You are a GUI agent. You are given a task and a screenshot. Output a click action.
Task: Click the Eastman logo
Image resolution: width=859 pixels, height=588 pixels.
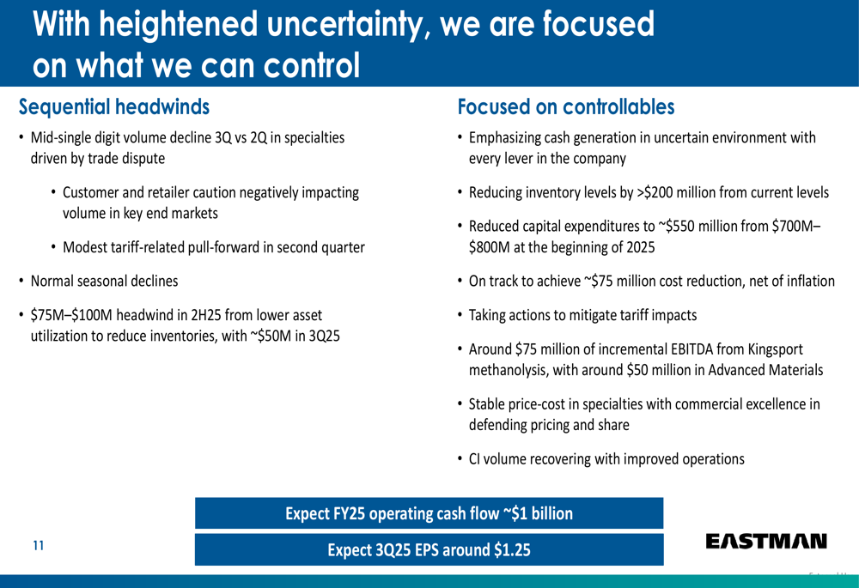click(766, 541)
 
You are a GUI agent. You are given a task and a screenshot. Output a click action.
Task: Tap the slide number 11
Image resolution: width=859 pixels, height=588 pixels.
click(38, 545)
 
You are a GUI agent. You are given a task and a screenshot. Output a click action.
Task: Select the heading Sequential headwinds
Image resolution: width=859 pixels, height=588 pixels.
click(114, 107)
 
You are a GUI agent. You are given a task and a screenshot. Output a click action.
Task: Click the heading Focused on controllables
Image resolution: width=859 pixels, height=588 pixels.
click(566, 107)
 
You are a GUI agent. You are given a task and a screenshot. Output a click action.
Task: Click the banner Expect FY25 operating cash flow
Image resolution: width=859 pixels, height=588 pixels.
click(429, 513)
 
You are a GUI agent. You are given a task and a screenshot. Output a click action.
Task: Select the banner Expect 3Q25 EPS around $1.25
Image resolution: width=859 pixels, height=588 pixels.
click(429, 550)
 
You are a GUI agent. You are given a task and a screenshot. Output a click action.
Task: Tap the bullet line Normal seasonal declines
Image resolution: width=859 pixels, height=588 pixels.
click(104, 281)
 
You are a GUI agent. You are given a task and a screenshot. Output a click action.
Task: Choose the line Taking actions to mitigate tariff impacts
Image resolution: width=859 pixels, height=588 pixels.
click(582, 315)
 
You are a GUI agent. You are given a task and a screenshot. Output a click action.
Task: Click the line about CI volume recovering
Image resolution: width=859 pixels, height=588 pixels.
click(606, 458)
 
